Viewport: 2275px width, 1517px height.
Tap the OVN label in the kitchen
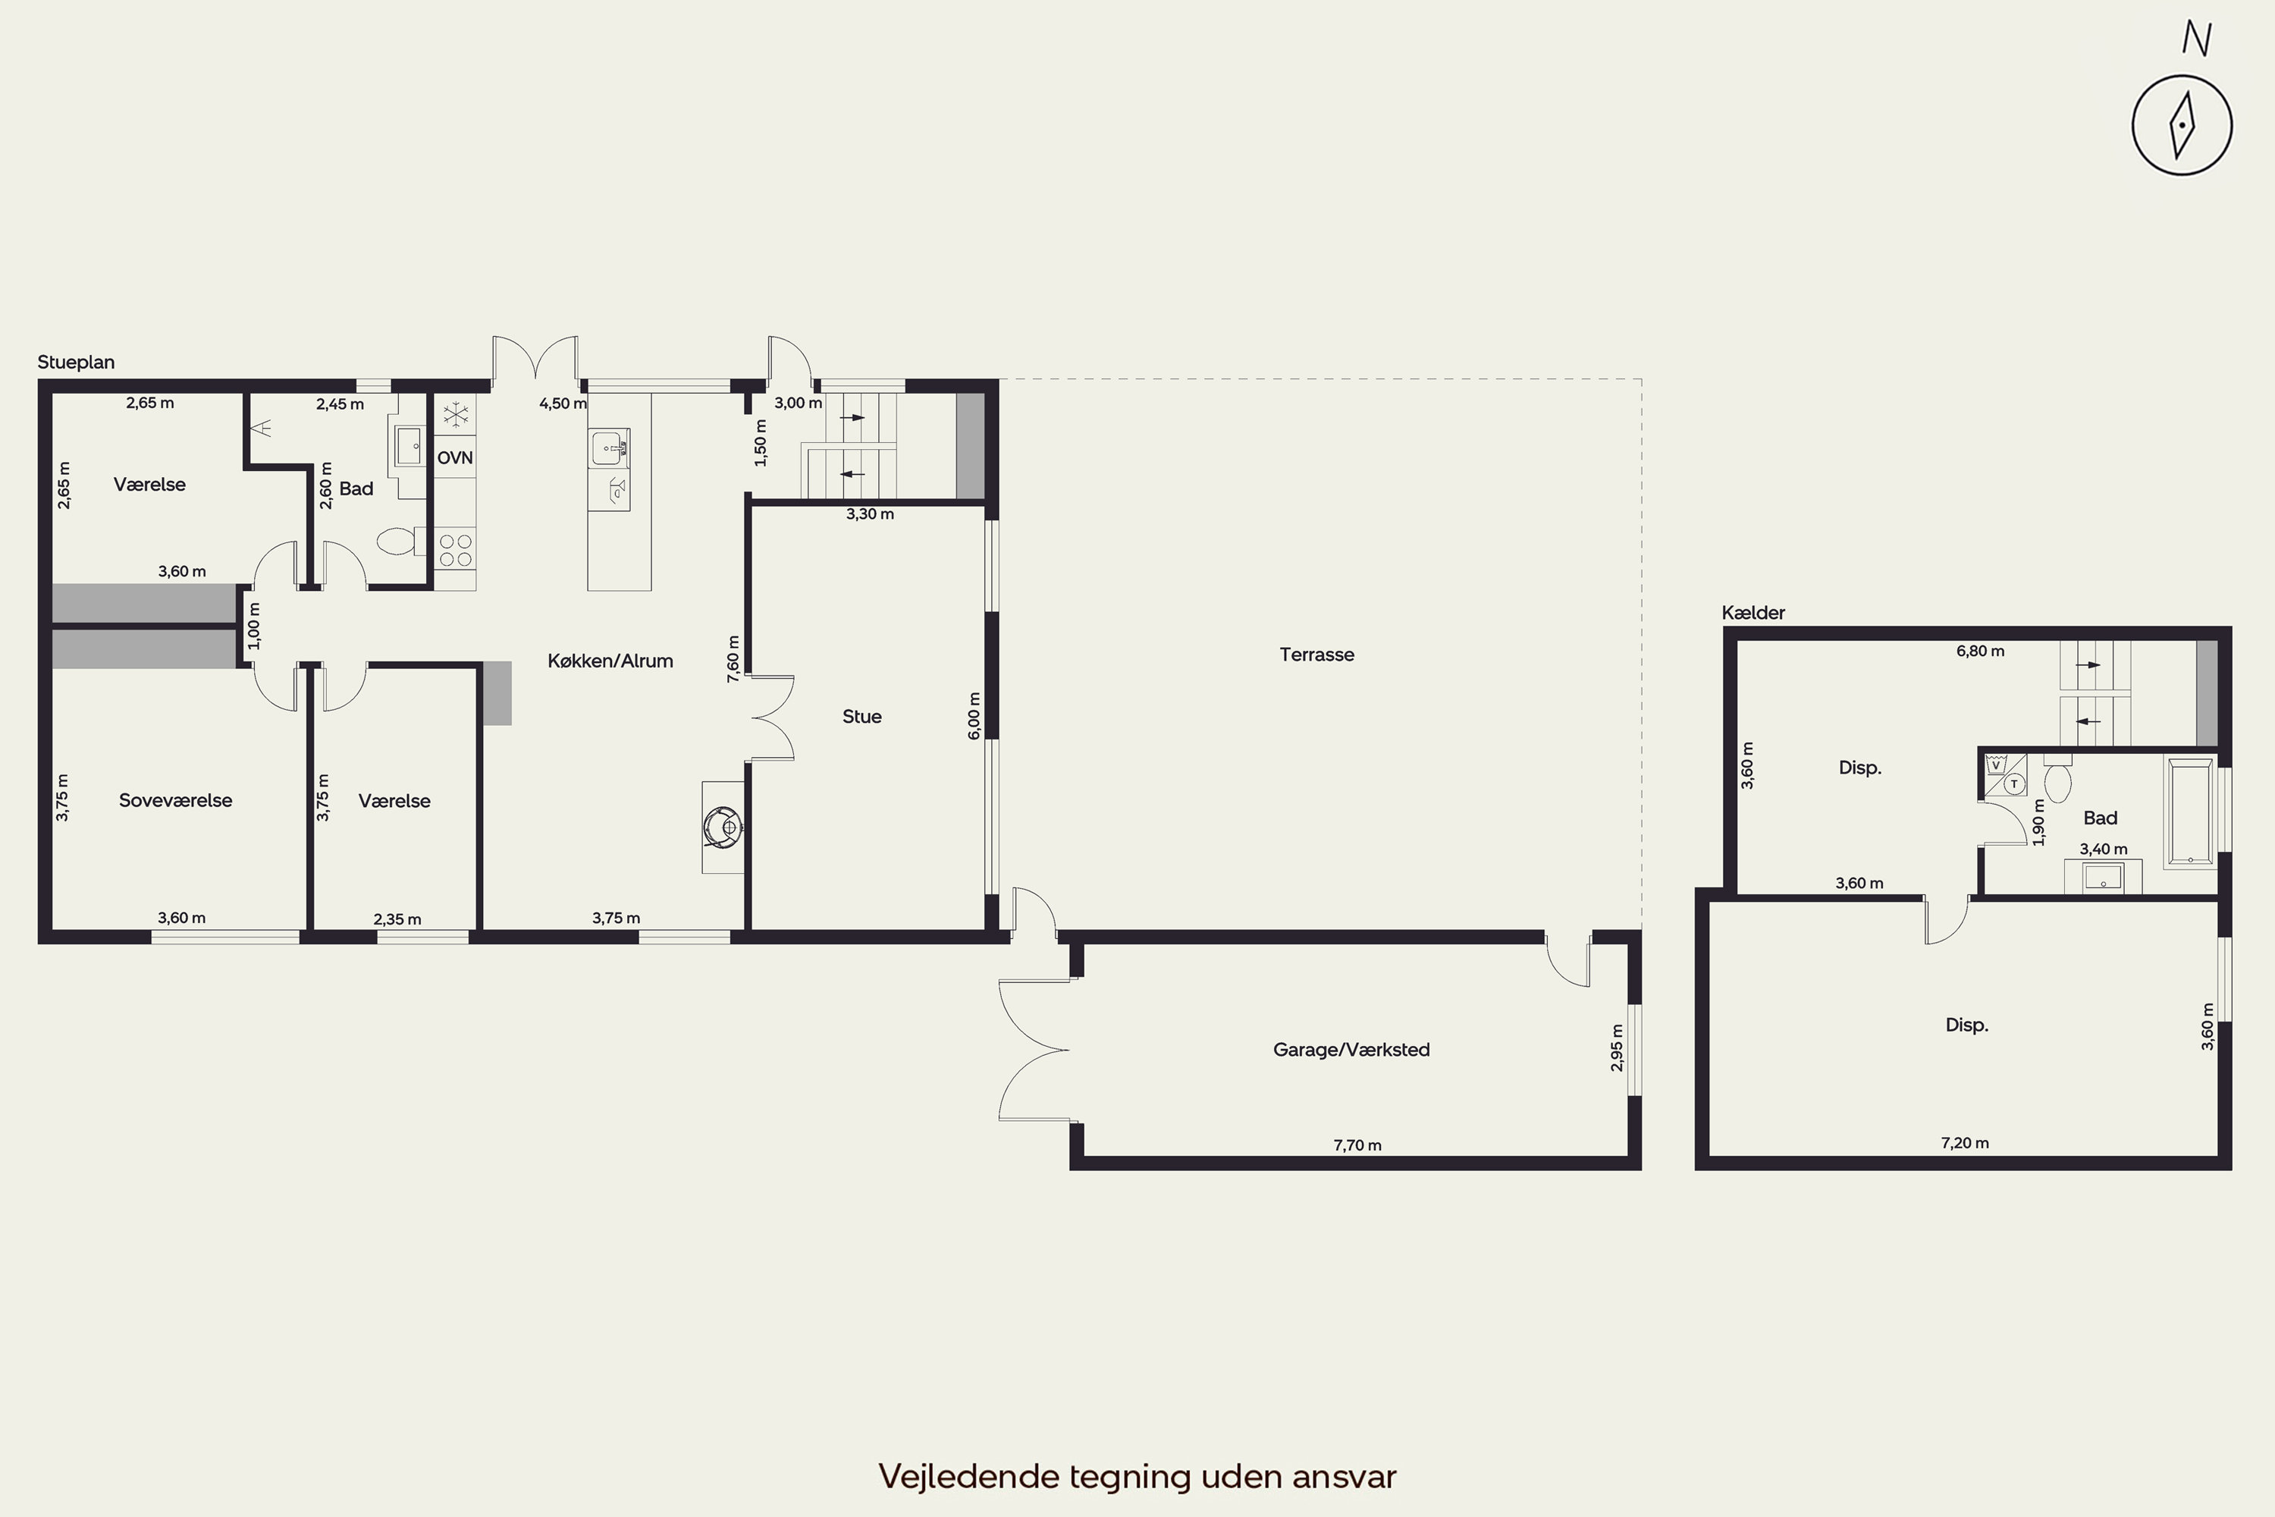pos(454,457)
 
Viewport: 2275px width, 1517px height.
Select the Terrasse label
pos(1316,655)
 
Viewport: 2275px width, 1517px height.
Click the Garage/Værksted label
pos(1351,1050)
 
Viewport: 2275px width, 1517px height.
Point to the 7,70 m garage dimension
pos(1357,1145)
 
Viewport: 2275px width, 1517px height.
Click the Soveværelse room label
pos(175,800)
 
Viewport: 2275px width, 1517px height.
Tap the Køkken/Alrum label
pos(610,661)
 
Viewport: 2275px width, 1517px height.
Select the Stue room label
pos(861,717)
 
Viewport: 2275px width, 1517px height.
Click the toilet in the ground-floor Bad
pos(400,541)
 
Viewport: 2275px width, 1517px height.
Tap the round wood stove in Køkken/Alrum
pos(722,828)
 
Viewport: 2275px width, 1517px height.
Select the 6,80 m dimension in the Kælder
pos(1980,651)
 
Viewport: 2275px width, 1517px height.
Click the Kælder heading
pos(1753,612)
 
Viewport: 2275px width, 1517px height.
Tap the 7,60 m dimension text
pos(733,659)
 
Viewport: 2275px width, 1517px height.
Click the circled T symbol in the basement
pos(2015,784)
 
